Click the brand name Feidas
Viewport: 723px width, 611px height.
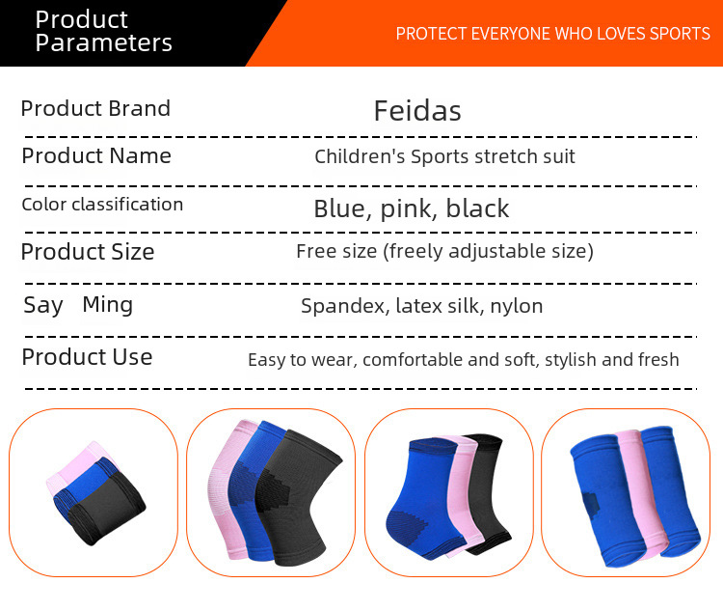417,111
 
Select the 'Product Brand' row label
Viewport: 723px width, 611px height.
95,108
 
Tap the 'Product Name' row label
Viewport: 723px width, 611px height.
96,155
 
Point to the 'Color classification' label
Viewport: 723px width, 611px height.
102,204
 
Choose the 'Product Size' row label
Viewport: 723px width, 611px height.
88,252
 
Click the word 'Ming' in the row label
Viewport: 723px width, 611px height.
107,305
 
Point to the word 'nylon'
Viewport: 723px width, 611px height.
517,306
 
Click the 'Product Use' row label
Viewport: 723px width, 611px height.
87,357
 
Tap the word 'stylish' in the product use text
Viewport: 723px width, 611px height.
571,360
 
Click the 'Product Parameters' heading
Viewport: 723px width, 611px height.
104,31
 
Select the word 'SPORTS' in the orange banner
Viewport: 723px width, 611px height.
680,34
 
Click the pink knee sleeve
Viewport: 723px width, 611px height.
228,489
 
